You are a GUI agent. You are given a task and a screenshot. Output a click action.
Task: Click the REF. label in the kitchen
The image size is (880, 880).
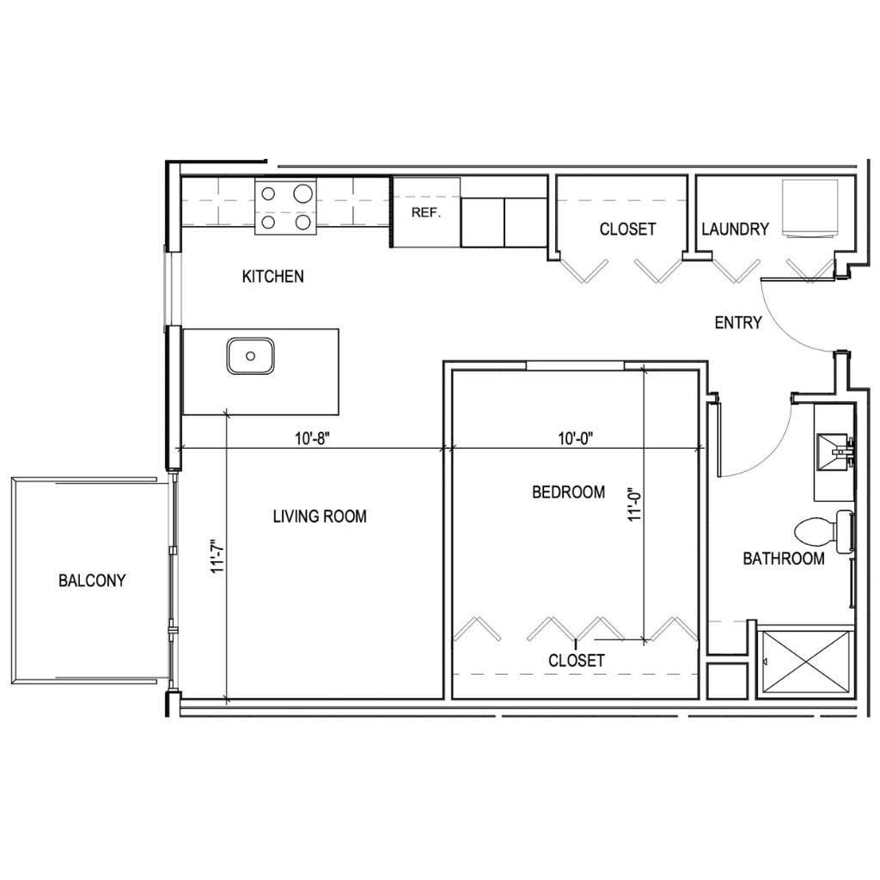click(426, 212)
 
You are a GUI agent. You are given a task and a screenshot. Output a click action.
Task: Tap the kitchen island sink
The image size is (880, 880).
click(251, 355)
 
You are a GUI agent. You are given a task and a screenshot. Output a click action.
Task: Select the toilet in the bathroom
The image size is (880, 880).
click(821, 530)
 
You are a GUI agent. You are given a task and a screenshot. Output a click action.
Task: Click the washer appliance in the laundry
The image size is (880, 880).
click(810, 207)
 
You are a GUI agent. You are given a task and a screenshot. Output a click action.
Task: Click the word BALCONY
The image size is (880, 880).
click(92, 580)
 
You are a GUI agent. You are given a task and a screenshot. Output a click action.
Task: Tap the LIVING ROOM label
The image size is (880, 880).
click(320, 516)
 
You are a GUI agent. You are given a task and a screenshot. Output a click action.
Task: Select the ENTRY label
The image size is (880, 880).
click(738, 323)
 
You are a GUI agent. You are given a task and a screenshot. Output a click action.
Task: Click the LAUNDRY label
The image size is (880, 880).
click(735, 229)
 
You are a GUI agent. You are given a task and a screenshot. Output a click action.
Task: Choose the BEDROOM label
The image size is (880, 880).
click(568, 492)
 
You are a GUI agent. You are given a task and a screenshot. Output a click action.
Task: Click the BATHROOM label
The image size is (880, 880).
click(784, 559)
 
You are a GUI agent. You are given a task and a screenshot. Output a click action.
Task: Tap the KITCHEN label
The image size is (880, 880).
click(272, 277)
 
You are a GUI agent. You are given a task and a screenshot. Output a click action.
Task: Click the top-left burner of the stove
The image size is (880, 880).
click(268, 194)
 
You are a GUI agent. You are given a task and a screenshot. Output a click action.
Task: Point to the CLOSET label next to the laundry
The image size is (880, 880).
click(627, 229)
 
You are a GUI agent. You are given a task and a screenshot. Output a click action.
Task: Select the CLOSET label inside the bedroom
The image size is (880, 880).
click(577, 661)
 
